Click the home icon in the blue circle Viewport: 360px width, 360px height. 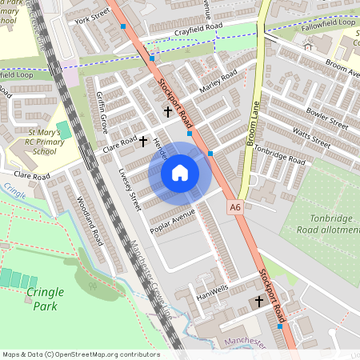[180, 173]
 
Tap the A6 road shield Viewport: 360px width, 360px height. [234, 207]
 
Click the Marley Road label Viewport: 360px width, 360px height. [218, 82]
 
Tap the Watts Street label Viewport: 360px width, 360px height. [310, 134]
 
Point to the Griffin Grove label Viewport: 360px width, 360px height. [102, 114]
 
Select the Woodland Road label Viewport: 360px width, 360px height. [89, 220]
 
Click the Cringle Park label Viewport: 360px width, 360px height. [45, 298]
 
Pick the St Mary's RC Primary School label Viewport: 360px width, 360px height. [38, 135]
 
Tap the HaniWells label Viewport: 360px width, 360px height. [212, 292]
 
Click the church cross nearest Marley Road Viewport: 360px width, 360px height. [168, 111]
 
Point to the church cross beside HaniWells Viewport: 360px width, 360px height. [258, 301]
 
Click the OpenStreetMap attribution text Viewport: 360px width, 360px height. [80, 354]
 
